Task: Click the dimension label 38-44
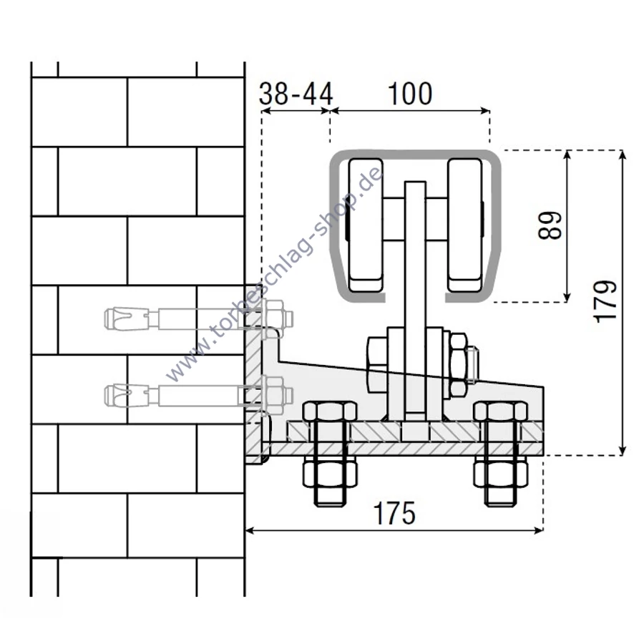click(x=296, y=94)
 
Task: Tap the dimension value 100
click(x=410, y=94)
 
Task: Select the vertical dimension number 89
click(x=550, y=225)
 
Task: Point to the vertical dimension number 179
click(x=605, y=301)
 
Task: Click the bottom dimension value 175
click(x=394, y=513)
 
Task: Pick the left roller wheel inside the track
click(x=366, y=225)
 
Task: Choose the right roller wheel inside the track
click(x=465, y=225)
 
